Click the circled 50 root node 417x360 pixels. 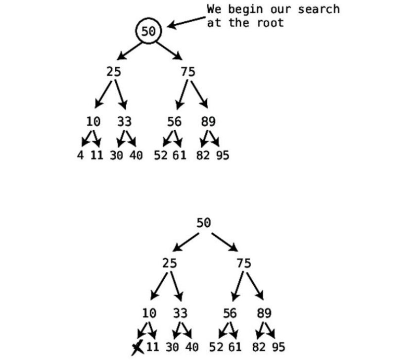pos(148,31)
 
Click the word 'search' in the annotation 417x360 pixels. pos(319,9)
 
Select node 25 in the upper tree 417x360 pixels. pos(113,72)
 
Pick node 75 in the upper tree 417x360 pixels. pos(188,72)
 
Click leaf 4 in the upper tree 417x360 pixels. pos(80,155)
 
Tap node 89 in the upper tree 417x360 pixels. pos(208,122)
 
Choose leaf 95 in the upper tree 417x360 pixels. pos(223,155)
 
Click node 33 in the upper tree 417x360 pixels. pos(125,122)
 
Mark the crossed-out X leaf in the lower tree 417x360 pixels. pos(137,347)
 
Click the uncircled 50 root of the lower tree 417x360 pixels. pos(203,223)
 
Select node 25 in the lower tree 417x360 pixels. pos(169,263)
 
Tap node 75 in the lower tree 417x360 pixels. pos(244,263)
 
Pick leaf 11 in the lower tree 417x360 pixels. pos(152,347)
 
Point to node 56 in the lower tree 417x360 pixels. pos(230,313)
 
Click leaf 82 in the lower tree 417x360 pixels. pos(263,347)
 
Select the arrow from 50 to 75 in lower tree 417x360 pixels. pos(225,242)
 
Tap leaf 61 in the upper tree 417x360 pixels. pos(179,155)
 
